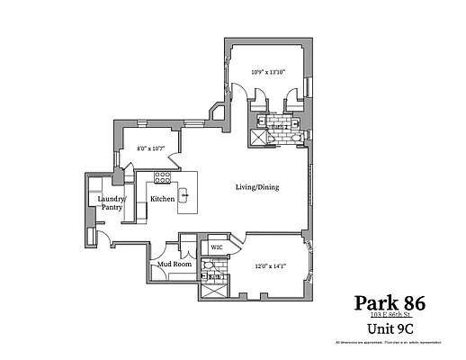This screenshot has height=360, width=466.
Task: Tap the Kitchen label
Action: pyautogui.click(x=162, y=198)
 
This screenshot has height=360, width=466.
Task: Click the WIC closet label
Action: pyautogui.click(x=217, y=247)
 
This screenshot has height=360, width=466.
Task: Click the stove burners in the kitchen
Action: pyautogui.click(x=163, y=175)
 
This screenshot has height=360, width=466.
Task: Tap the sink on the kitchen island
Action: pyautogui.click(x=186, y=194)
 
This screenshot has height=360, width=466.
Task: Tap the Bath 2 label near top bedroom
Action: pyautogui.click(x=280, y=128)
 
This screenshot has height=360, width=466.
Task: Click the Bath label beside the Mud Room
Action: pyautogui.click(x=214, y=275)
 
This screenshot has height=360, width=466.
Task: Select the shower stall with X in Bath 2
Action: pyautogui.click(x=257, y=138)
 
